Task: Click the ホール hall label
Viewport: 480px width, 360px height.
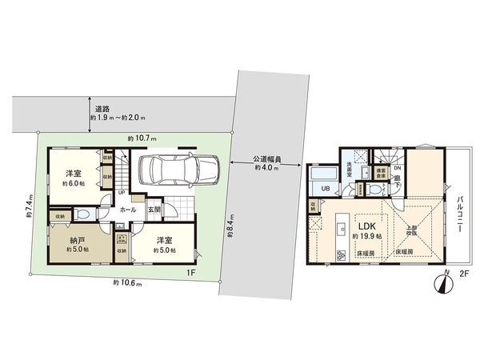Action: point(127,210)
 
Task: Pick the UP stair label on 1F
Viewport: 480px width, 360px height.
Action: point(121,193)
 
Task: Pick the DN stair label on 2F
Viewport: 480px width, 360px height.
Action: point(397,168)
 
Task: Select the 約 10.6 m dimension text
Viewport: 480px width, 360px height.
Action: point(128,282)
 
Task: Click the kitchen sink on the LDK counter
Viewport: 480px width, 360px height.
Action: point(338,223)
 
